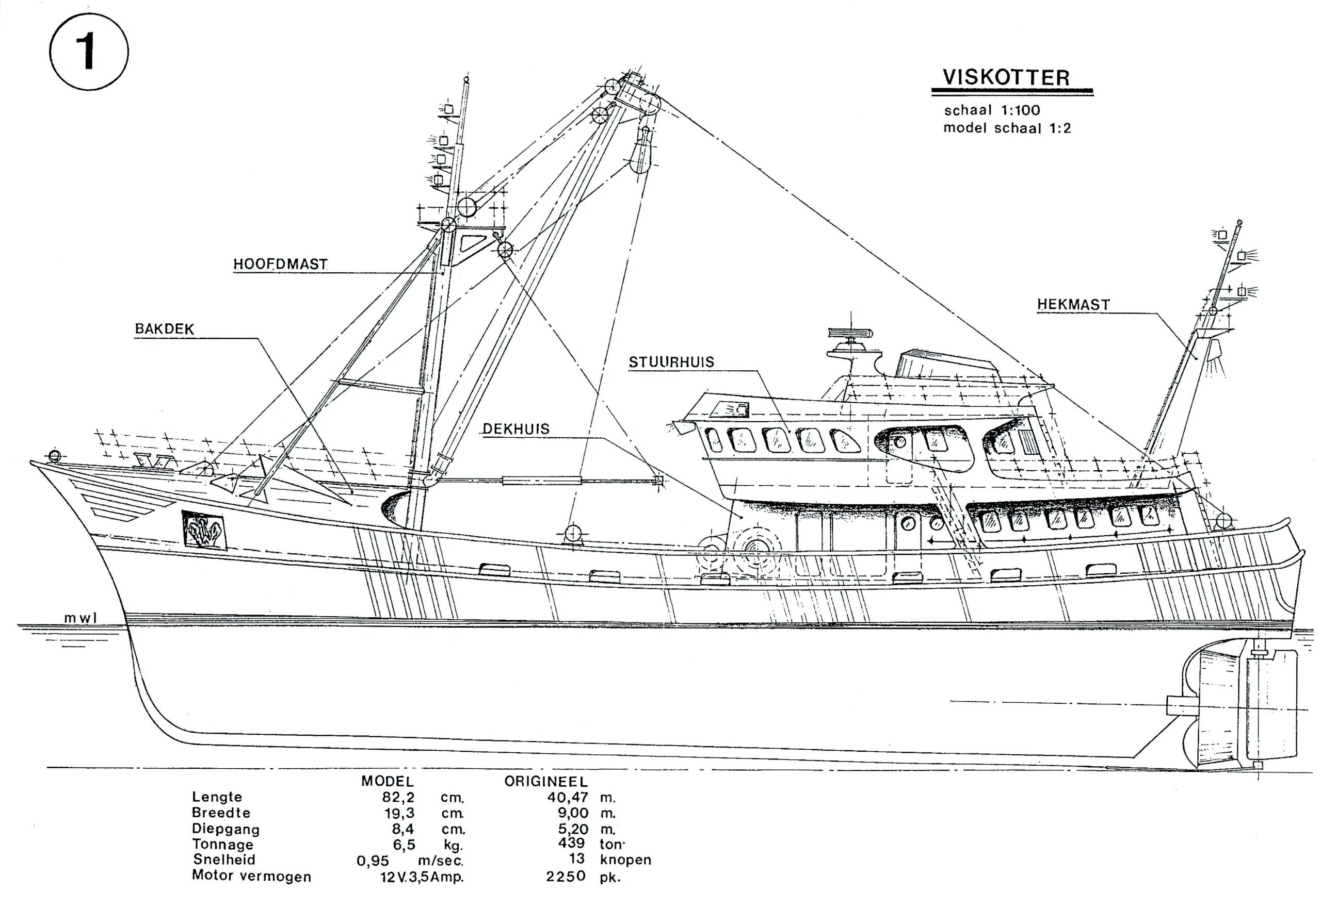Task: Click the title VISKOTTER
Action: pyautogui.click(x=1006, y=77)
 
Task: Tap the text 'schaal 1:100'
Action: pyautogui.click(x=992, y=110)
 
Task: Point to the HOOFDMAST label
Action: pyautogui.click(x=280, y=265)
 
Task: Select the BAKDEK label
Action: pyautogui.click(x=165, y=329)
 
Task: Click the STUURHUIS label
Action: pyautogui.click(x=671, y=362)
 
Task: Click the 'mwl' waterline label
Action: pyautogui.click(x=80, y=618)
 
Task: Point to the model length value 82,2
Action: pyautogui.click(x=398, y=797)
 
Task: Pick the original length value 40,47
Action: pyautogui.click(x=568, y=797)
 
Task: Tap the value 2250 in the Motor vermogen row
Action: pyautogui.click(x=566, y=876)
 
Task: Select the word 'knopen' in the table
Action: pyautogui.click(x=625, y=860)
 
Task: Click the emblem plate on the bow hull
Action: pyautogui.click(x=203, y=530)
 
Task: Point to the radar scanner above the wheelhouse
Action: pyautogui.click(x=850, y=333)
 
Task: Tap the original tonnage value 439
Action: pyautogui.click(x=572, y=844)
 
